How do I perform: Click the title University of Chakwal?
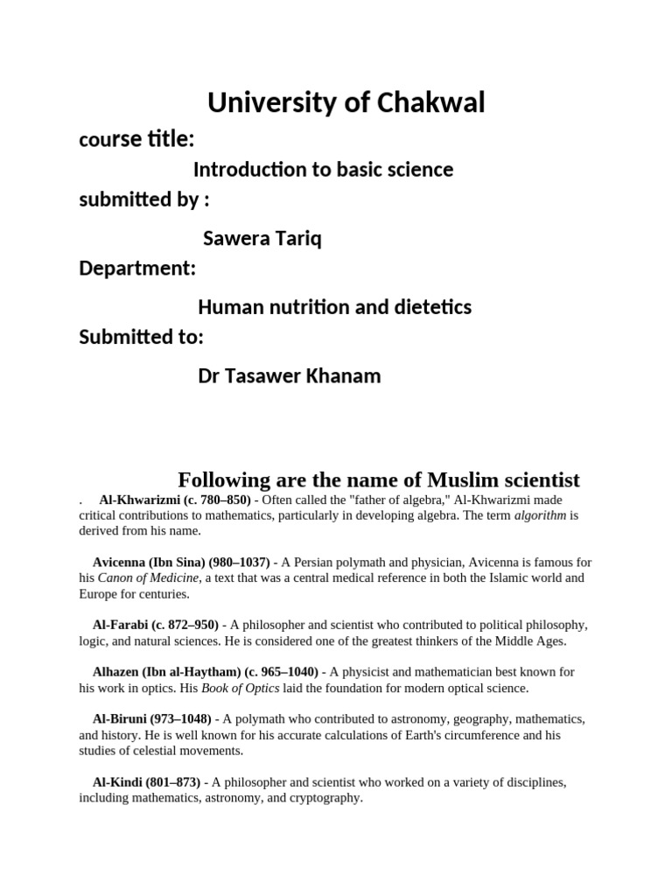[x=346, y=103]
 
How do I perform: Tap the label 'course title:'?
[x=136, y=139]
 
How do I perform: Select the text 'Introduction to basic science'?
[x=323, y=169]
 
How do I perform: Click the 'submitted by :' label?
[x=144, y=199]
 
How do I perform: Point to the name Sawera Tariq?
[x=262, y=238]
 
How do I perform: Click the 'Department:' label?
[x=137, y=268]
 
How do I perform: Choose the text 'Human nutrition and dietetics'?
[x=334, y=307]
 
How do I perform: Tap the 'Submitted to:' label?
[x=141, y=337]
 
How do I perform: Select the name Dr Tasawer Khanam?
[x=289, y=376]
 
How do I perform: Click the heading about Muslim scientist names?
[x=379, y=479]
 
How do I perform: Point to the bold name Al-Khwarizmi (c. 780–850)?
[x=175, y=500]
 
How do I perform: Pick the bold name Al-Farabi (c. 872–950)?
[x=156, y=625]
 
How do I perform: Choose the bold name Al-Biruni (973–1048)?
[x=151, y=719]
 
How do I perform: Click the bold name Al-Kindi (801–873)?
[x=146, y=782]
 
